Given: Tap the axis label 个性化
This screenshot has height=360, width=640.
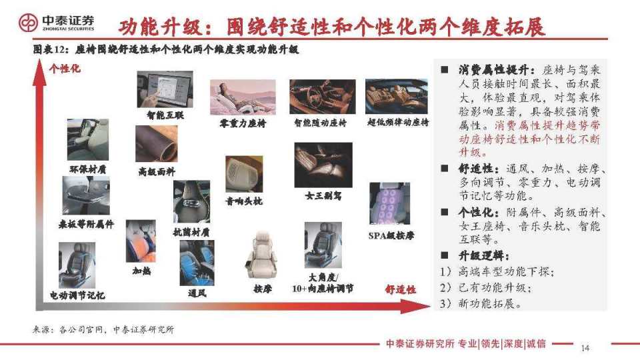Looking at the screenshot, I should (64, 68).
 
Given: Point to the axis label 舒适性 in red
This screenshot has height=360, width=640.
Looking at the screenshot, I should (400, 289).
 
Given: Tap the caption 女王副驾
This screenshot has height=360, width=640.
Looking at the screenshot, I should (323, 196).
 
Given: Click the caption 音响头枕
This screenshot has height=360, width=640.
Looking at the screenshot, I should (243, 200).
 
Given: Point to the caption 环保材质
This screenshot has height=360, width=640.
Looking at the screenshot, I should (88, 169).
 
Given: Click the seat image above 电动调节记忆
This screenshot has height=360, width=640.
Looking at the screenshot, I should (77, 265).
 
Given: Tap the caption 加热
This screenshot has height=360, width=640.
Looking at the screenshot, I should (141, 271).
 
